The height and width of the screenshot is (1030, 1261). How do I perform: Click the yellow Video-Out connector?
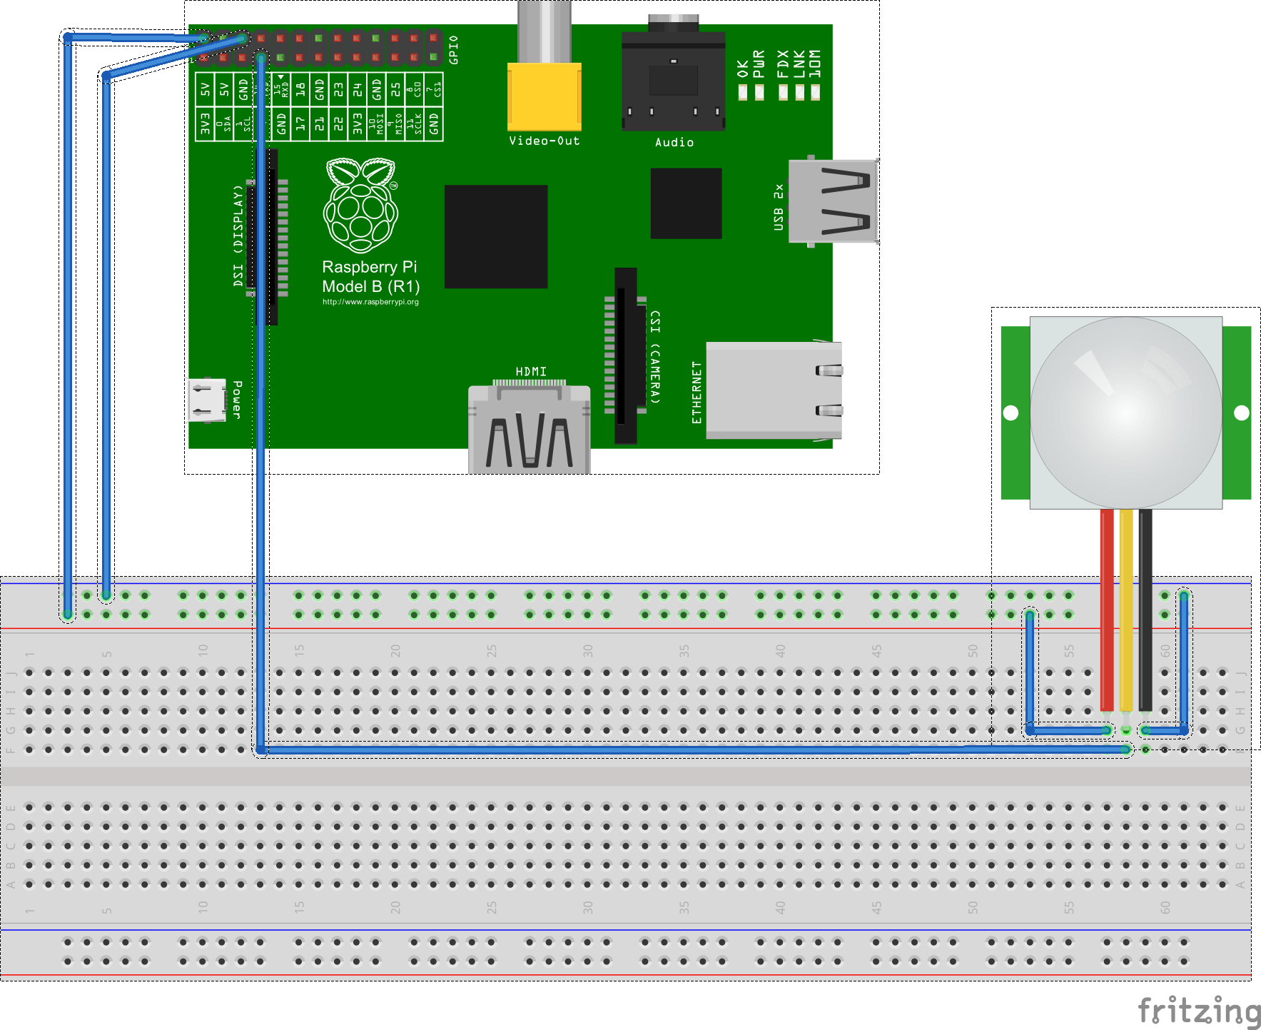[x=544, y=96]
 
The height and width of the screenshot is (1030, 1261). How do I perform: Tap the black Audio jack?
[x=673, y=82]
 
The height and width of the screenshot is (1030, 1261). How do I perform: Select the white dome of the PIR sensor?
[x=1126, y=412]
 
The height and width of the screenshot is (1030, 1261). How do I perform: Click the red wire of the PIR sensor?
[x=1107, y=607]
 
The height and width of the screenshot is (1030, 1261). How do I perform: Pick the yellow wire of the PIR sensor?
[x=1126, y=607]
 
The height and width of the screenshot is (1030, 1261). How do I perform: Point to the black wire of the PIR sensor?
[x=1145, y=607]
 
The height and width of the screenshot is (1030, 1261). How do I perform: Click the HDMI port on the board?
[x=529, y=428]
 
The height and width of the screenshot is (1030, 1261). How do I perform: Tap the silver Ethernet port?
[x=774, y=390]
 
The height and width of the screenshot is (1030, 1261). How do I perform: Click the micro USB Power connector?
[x=207, y=400]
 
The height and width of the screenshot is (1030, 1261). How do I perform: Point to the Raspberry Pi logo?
[x=360, y=206]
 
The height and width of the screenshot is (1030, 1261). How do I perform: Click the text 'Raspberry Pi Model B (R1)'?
[x=370, y=277]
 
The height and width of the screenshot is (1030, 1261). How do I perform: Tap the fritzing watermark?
[x=1199, y=1011]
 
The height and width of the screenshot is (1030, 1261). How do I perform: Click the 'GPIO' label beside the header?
[x=454, y=50]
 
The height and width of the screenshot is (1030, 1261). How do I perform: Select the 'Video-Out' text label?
[x=544, y=141]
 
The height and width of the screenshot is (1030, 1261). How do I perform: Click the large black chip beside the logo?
[x=496, y=236]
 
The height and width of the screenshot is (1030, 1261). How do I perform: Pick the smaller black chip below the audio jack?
[x=686, y=203]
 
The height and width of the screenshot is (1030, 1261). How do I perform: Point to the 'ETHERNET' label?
[x=697, y=392]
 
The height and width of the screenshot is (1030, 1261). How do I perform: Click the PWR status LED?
[x=759, y=92]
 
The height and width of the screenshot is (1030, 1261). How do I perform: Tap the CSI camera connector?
[x=626, y=355]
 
